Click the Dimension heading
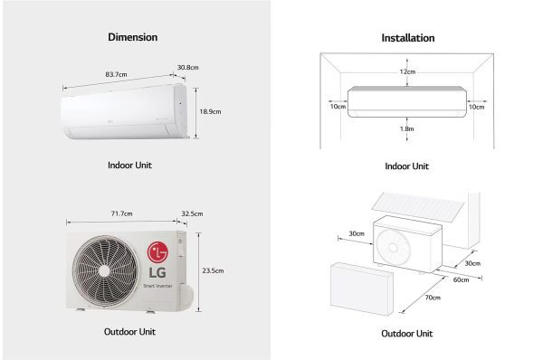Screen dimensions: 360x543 pos(132,37)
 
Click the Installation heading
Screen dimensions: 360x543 pos(407,38)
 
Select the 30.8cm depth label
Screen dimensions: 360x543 pos(187,67)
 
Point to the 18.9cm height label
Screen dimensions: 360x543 pos(210,112)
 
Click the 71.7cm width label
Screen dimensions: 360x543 pos(121,213)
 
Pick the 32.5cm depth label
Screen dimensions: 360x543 pos(192,213)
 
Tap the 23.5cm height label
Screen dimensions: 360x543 pos(214,270)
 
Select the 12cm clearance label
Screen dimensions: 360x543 pos(408,71)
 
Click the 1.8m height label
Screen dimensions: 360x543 pos(408,129)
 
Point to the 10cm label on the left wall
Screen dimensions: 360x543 pos(337,106)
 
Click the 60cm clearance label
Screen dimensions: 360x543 pos(461,279)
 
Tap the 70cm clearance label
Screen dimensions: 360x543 pos(433,298)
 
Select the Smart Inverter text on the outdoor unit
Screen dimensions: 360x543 pos(159,286)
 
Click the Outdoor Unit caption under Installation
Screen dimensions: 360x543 pos(406,333)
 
